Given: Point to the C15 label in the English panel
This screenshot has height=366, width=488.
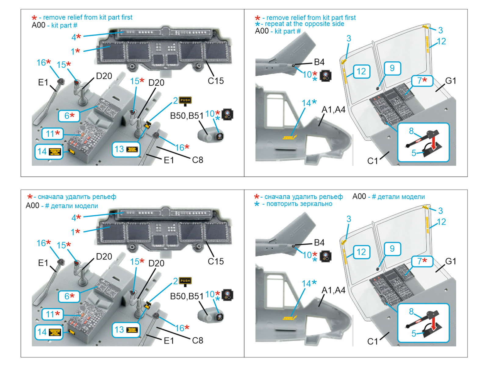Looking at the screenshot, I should [216, 81].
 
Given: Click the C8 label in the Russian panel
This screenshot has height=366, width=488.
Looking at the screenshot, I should [198, 340].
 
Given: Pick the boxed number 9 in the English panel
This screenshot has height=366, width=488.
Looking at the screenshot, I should [392, 68].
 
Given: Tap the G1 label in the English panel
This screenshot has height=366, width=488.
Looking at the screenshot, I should [451, 81].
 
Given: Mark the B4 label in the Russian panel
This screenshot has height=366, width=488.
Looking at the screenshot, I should [319, 243].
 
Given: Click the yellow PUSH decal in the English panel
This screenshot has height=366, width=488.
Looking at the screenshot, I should [185, 100].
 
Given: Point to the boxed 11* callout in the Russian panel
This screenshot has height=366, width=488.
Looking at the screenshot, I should [53, 314].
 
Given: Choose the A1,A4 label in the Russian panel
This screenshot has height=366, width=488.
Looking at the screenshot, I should [334, 290].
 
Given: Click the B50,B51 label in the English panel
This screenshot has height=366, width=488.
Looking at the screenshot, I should [186, 116].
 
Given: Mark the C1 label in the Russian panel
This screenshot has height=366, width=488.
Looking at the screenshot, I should [372, 341].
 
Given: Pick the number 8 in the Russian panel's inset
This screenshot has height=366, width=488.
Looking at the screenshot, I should [411, 311].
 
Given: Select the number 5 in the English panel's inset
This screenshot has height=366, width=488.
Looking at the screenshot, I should [414, 153].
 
